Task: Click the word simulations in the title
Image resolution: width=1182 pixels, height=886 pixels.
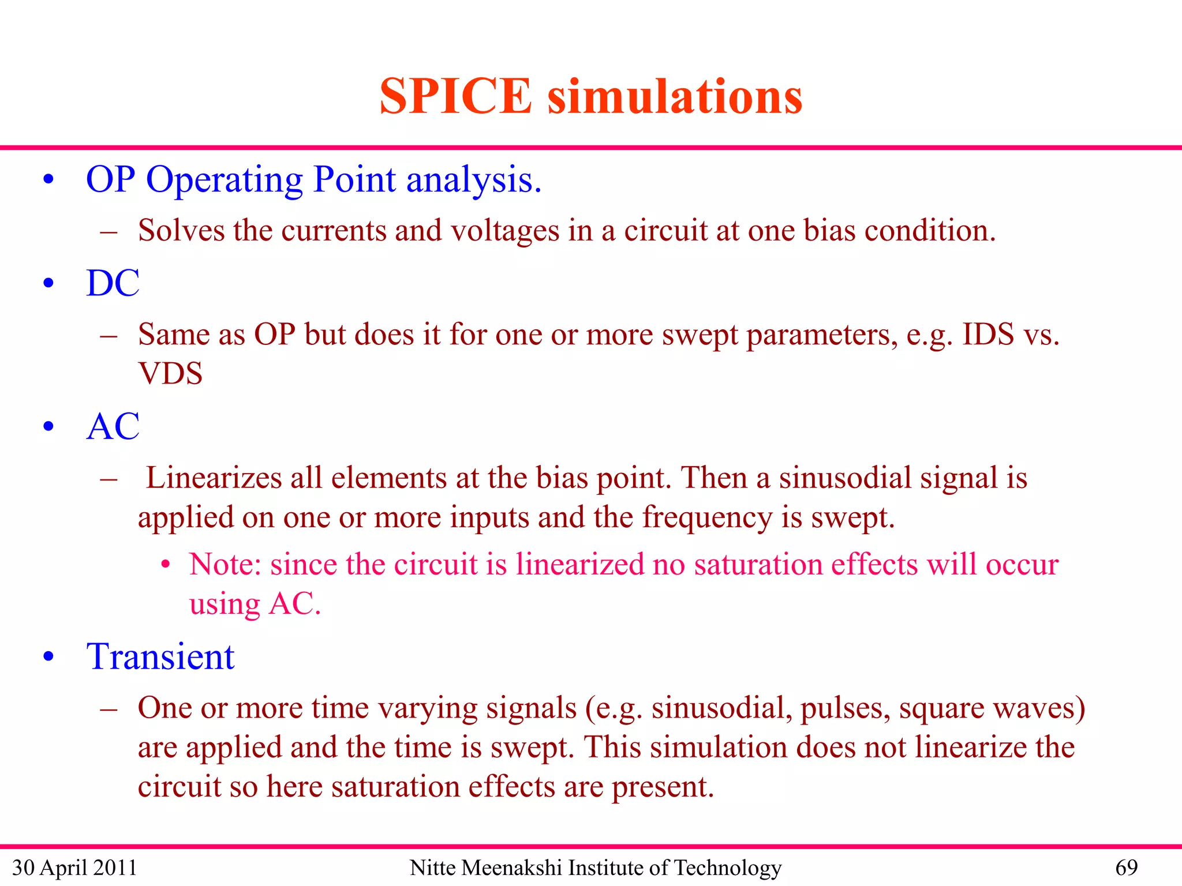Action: tap(675, 96)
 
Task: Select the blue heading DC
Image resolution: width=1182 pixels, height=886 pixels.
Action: tap(113, 283)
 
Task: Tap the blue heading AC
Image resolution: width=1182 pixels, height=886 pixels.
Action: tap(113, 427)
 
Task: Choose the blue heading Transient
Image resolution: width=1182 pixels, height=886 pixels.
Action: tap(160, 656)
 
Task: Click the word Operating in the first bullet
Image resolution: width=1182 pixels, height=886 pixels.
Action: tap(225, 180)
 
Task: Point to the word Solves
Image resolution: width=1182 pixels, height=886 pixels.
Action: tap(181, 231)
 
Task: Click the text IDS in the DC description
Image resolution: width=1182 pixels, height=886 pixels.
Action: tap(988, 335)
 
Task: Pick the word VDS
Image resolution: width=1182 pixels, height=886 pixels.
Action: tap(170, 373)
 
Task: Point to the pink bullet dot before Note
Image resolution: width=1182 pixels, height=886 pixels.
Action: tap(166, 565)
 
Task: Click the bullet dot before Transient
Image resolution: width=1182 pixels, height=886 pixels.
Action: tap(49, 656)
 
